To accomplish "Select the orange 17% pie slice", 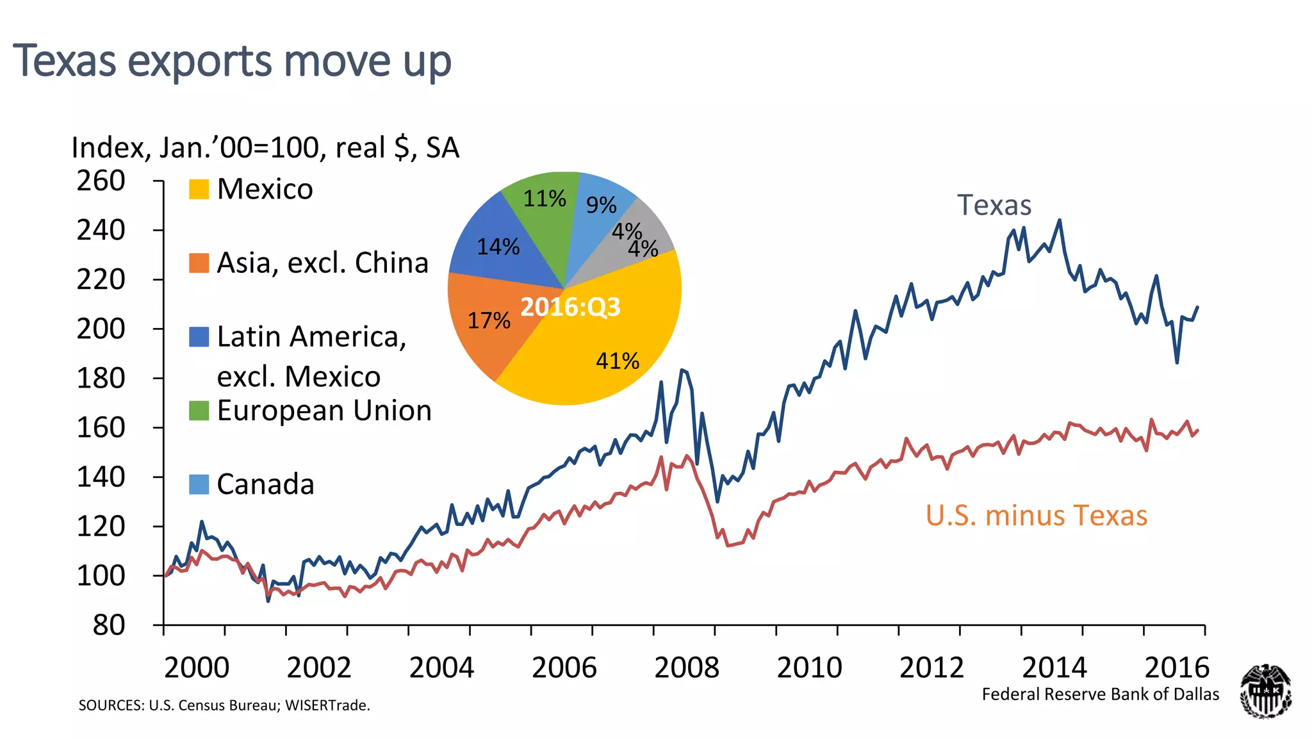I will pyautogui.click(x=490, y=320).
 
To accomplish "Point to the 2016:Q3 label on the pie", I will pyautogui.click(x=570, y=307).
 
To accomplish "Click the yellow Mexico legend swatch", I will pyautogui.click(x=199, y=189).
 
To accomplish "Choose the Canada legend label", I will pyautogui.click(x=265, y=484).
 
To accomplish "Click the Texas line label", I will pyautogui.click(x=994, y=206).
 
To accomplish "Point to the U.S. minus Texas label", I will pyautogui.click(x=1036, y=516).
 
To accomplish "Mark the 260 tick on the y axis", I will pyautogui.click(x=101, y=181).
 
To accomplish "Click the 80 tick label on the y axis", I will pyautogui.click(x=109, y=625).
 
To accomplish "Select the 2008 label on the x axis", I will pyautogui.click(x=686, y=668).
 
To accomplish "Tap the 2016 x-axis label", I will pyautogui.click(x=1176, y=668).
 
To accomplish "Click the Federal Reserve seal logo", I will pyautogui.click(x=1265, y=691).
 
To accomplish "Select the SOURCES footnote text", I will pyautogui.click(x=224, y=705).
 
